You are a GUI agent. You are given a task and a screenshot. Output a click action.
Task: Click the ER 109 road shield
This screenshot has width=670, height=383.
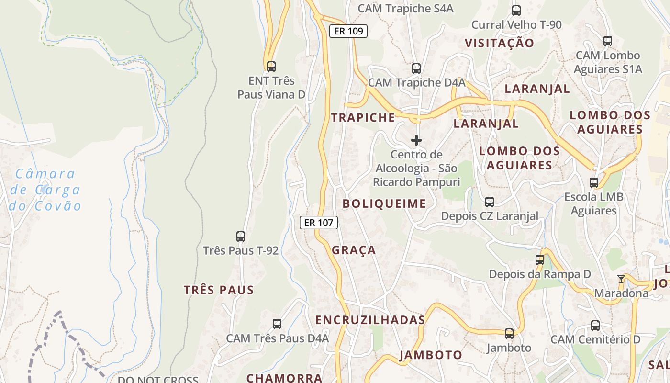pos(348,31)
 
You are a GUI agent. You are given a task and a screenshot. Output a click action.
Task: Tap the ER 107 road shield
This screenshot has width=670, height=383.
pos(319,222)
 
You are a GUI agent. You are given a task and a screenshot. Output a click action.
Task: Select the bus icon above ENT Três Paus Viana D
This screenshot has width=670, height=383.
pos(271,66)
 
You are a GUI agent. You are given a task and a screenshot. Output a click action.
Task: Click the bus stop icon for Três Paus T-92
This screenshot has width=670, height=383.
pos(241,236)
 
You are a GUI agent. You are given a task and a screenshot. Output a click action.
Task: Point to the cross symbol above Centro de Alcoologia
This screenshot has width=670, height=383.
pos(416,140)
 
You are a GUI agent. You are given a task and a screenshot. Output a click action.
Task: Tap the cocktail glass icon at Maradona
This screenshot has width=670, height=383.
pos(621,279)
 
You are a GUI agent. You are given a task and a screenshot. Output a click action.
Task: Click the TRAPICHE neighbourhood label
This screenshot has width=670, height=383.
pos(363,117)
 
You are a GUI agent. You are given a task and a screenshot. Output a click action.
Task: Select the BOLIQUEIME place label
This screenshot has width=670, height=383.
pos(384,203)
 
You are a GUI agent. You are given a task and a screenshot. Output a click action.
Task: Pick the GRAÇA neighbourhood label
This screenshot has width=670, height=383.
pos(354,250)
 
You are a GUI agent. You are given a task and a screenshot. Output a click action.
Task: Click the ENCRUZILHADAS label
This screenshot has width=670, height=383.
pos(370,320)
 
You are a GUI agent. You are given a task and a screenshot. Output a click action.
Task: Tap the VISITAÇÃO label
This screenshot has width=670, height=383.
pos(499,43)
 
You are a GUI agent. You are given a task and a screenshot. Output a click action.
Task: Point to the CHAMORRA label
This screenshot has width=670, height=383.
pos(284,377)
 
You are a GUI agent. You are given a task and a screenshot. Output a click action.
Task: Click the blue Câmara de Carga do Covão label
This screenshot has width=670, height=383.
pos(45,190)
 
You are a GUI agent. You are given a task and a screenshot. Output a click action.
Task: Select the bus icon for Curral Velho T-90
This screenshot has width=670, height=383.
pos(516,10)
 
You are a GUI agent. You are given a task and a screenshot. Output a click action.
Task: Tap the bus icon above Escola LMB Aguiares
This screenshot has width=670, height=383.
pos(594,182)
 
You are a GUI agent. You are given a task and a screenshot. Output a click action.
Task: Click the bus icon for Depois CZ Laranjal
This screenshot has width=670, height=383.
pos(490,202)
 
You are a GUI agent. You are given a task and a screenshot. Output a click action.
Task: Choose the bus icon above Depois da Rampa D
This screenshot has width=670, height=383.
pos(540,260)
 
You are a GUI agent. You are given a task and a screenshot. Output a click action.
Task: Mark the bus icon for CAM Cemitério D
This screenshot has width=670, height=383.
pos(595,325)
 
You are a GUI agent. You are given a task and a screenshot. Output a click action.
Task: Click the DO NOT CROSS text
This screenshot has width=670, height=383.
pos(158,380)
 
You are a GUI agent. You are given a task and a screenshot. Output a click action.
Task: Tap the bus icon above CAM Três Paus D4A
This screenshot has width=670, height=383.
pos(277,324)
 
